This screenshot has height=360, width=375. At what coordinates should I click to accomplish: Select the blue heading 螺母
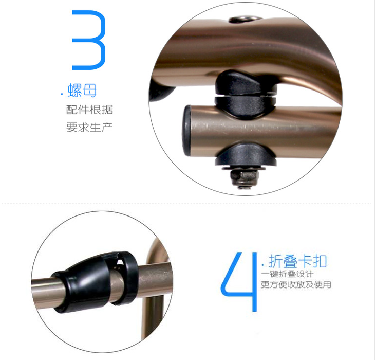82,91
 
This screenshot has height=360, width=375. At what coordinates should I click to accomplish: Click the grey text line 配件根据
89,110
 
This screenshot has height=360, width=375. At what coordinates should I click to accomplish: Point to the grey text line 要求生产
89,127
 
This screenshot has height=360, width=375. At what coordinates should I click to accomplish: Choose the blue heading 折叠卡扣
297,261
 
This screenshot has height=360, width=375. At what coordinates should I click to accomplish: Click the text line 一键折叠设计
287,274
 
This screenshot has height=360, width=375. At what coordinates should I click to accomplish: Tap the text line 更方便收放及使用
296,284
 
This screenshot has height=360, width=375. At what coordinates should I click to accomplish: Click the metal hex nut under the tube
245,177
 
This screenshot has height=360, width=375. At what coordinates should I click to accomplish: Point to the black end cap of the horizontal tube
188,131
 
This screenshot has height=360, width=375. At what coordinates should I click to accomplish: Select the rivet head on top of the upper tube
245,20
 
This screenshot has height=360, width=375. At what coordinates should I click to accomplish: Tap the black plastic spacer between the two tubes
245,95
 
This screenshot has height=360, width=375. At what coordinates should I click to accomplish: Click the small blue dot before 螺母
62,94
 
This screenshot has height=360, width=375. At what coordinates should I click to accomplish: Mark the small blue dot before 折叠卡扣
263,265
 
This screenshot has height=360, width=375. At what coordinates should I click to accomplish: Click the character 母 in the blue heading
90,91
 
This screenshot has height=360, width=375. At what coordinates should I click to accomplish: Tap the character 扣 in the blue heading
320,261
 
